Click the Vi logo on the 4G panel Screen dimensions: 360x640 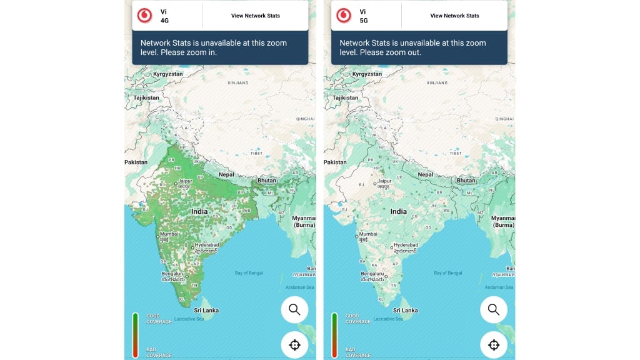[145, 15]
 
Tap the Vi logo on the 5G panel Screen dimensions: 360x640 [344, 15]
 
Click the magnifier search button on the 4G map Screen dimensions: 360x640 [294, 309]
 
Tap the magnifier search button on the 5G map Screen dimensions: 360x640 [493, 309]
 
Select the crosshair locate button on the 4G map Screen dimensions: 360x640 [294, 344]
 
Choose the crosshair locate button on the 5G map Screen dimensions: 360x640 [493, 344]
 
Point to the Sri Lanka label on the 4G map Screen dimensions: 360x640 [206, 310]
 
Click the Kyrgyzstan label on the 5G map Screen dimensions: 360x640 [364, 74]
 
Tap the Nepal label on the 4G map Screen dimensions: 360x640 [226, 175]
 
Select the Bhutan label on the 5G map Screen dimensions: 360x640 [466, 180]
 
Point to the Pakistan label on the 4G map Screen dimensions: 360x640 [136, 162]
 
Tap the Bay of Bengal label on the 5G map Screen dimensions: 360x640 [448, 273]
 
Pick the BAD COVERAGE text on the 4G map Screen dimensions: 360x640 [158, 352]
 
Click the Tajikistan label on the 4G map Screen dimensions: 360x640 [141, 98]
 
